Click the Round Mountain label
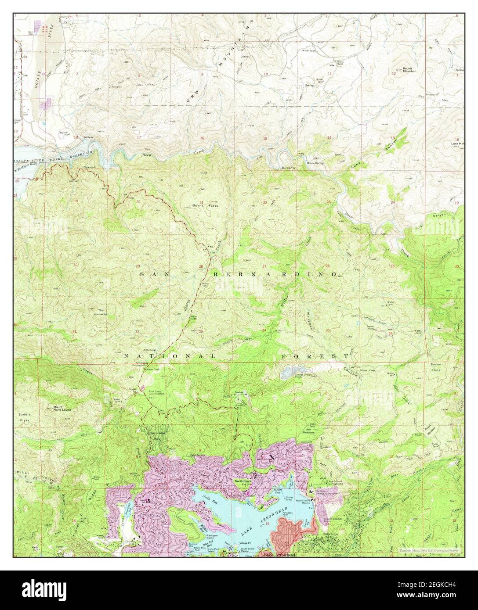point(407,69)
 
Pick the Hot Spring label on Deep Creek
point(288,168)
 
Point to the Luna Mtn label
point(457,144)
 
